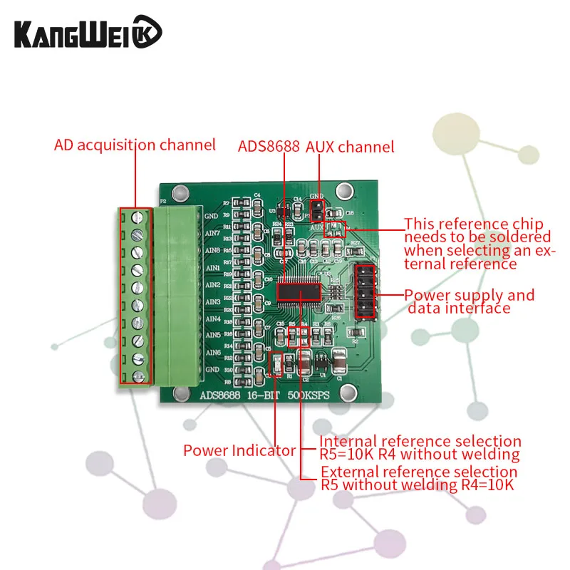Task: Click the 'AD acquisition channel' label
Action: point(135,145)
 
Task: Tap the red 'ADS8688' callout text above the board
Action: point(268,147)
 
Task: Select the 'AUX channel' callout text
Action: point(350,147)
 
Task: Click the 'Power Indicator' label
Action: point(239,450)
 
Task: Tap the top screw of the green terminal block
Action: point(139,216)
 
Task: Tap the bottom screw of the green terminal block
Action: point(139,375)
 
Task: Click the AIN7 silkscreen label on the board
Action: point(212,233)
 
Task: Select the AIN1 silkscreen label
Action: point(212,268)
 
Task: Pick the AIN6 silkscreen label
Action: point(212,353)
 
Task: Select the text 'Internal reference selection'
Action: point(420,442)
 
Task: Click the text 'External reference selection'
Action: point(419,472)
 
